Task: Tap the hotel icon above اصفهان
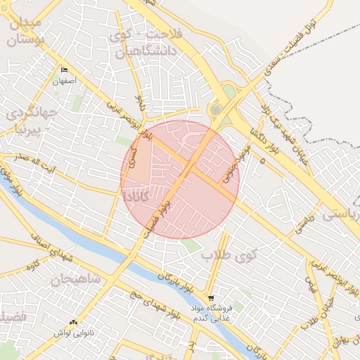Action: click(x=65, y=70)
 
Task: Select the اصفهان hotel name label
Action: click(x=64, y=82)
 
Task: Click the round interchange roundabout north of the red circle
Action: click(x=216, y=109)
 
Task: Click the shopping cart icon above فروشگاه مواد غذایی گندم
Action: click(x=211, y=297)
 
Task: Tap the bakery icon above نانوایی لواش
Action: click(x=74, y=321)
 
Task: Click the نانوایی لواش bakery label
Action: click(x=75, y=333)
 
